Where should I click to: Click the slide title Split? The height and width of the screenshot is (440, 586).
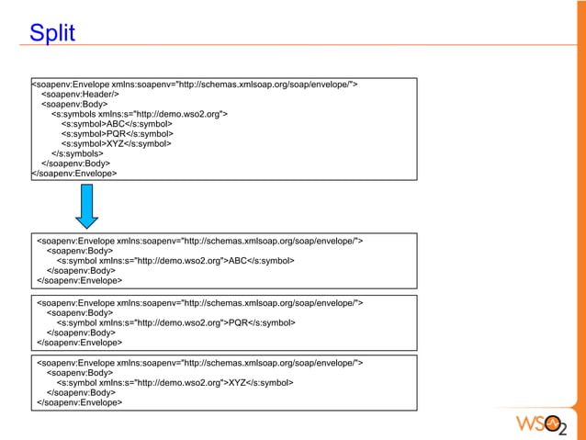52,35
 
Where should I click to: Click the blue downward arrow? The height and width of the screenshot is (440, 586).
87,205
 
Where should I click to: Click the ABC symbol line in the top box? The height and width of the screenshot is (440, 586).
116,124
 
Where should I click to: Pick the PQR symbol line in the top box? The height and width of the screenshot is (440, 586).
117,134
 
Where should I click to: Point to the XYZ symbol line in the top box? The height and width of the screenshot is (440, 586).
116,144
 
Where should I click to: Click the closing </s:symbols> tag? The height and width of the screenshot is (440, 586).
77,153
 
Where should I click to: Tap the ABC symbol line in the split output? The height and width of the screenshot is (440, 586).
175,261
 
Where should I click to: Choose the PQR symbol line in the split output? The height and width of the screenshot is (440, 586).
175,322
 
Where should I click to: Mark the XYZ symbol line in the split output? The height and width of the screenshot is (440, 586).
175,382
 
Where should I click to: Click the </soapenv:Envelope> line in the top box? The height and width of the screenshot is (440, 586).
74,173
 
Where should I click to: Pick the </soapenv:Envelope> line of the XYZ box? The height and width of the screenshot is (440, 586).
79,402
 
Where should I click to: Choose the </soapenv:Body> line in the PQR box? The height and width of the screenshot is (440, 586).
81,333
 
